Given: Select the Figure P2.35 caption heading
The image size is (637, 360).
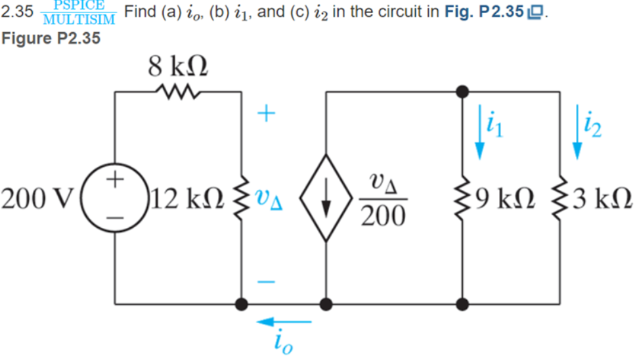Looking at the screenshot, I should coord(51,38).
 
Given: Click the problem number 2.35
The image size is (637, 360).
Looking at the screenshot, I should coord(17,12).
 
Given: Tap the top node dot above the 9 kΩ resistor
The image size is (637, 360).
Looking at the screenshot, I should coord(463,91).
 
